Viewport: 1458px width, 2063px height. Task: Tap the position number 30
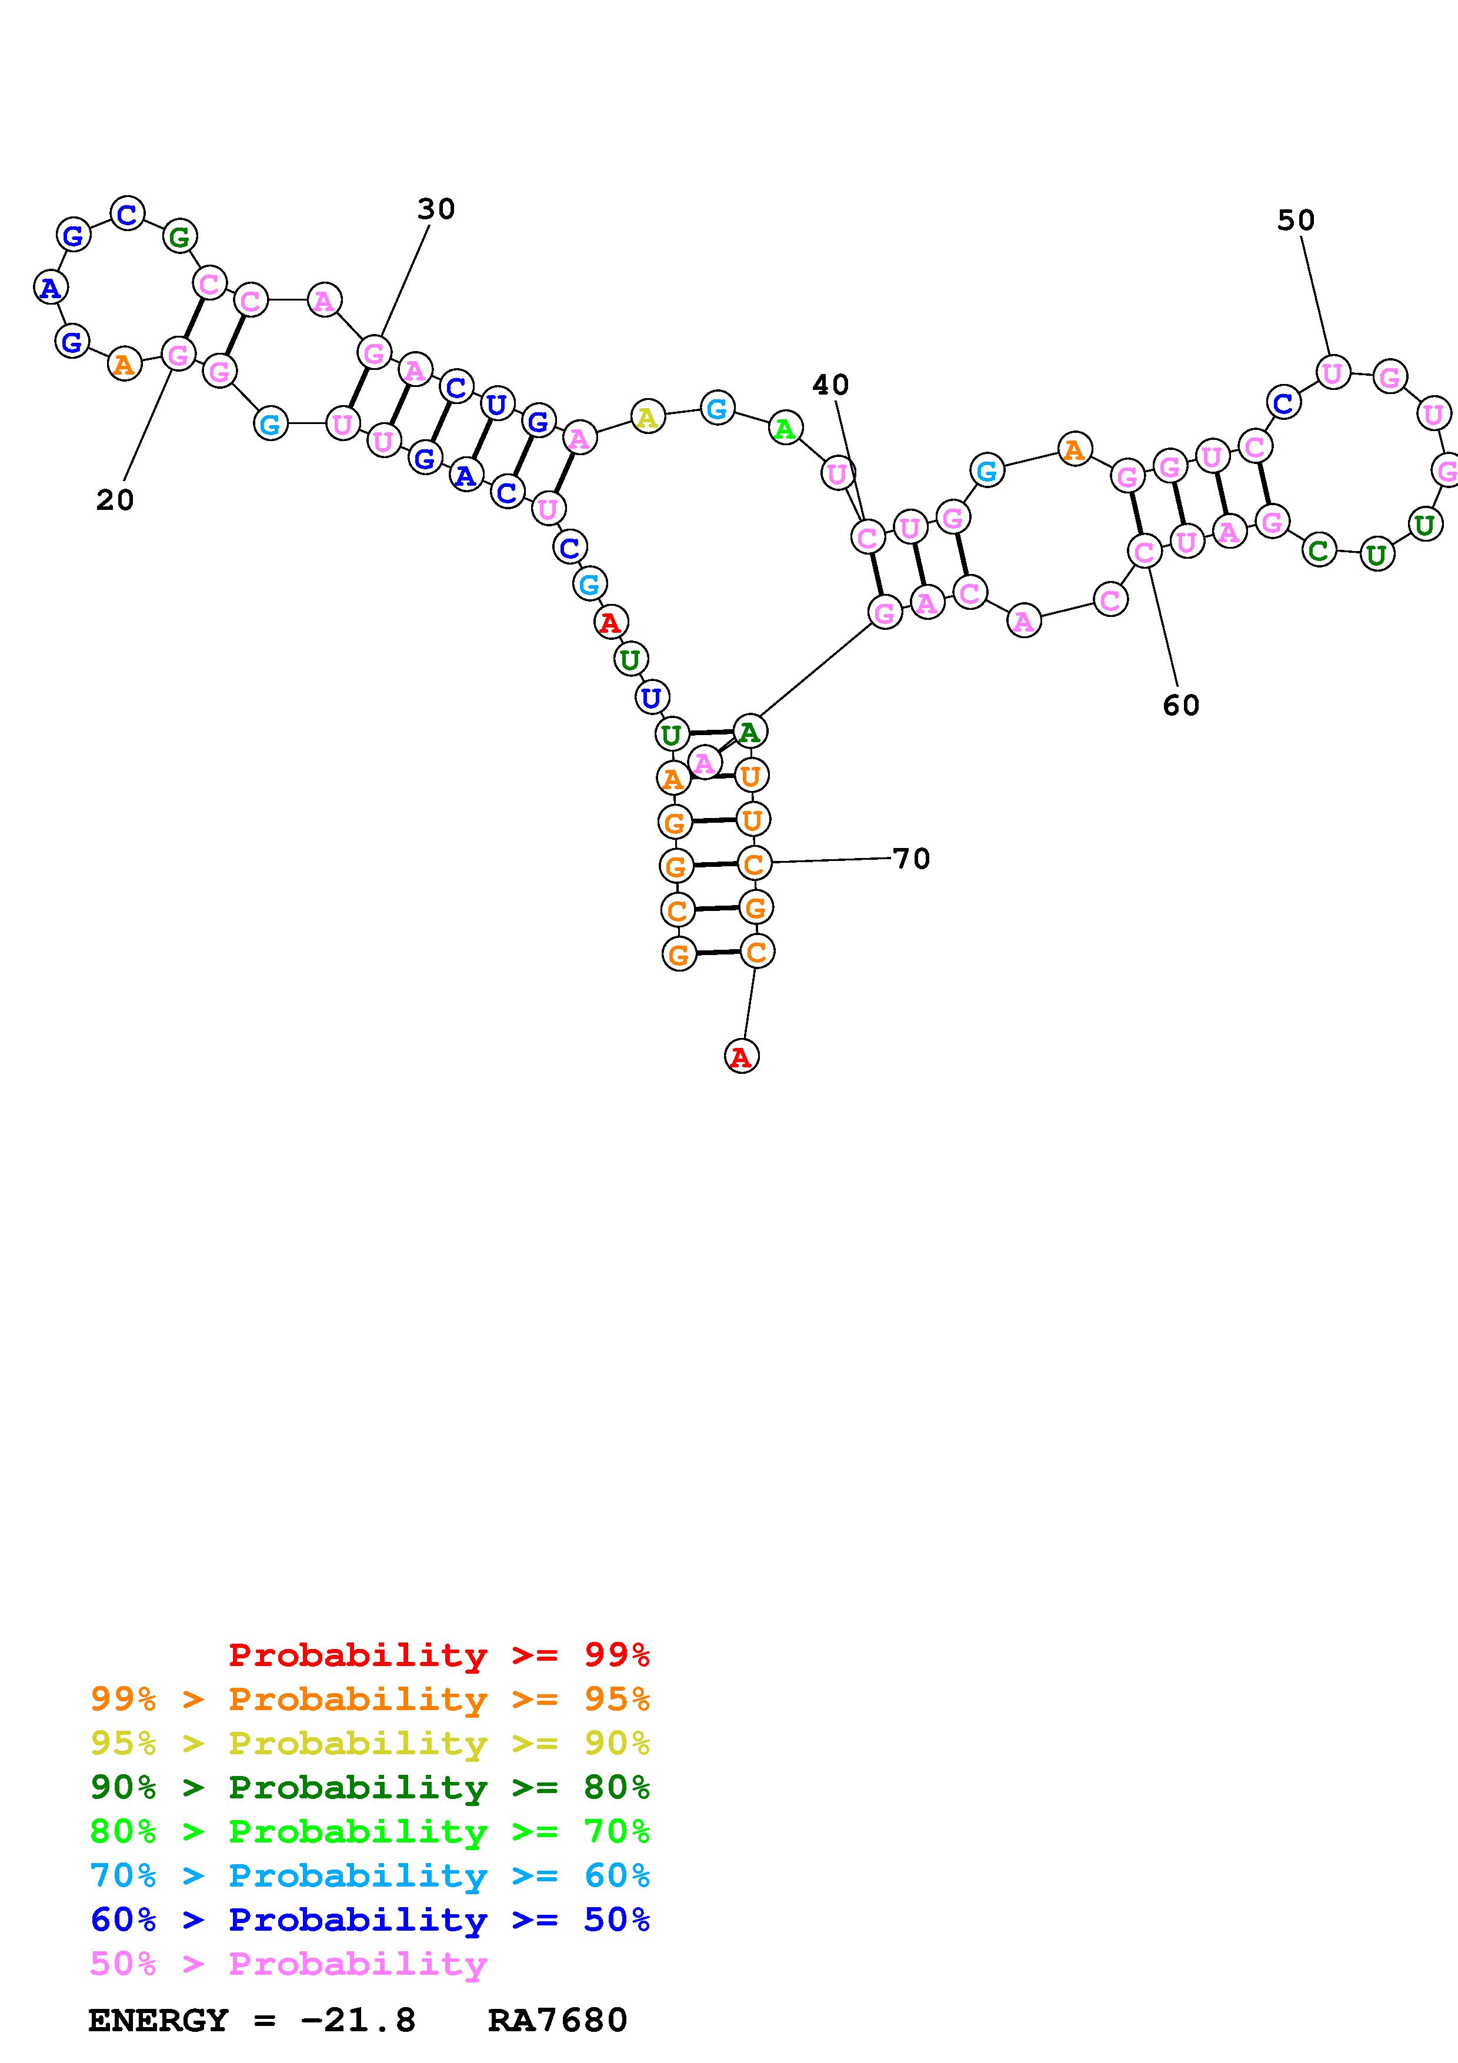pyautogui.click(x=436, y=209)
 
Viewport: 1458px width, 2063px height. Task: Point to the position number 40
pyautogui.click(x=830, y=385)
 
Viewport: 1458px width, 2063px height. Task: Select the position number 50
pyautogui.click(x=1296, y=221)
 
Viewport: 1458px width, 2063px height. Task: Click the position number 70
pyautogui.click(x=911, y=859)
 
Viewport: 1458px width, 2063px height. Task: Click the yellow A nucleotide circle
pyautogui.click(x=648, y=418)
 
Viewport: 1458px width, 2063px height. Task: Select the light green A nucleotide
pyautogui.click(x=785, y=429)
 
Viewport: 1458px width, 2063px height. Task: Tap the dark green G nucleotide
pyautogui.click(x=179, y=237)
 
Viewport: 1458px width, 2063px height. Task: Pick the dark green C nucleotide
pyautogui.click(x=1318, y=549)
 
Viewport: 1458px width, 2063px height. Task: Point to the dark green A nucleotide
pyautogui.click(x=749, y=732)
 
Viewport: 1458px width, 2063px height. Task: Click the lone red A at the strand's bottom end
pyautogui.click(x=741, y=1057)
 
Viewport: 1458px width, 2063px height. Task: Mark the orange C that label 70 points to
pyautogui.click(x=754, y=863)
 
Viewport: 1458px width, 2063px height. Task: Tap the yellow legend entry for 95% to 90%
pyautogui.click(x=369, y=1744)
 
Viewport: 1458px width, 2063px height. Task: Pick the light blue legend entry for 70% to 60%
pyautogui.click(x=369, y=1876)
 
